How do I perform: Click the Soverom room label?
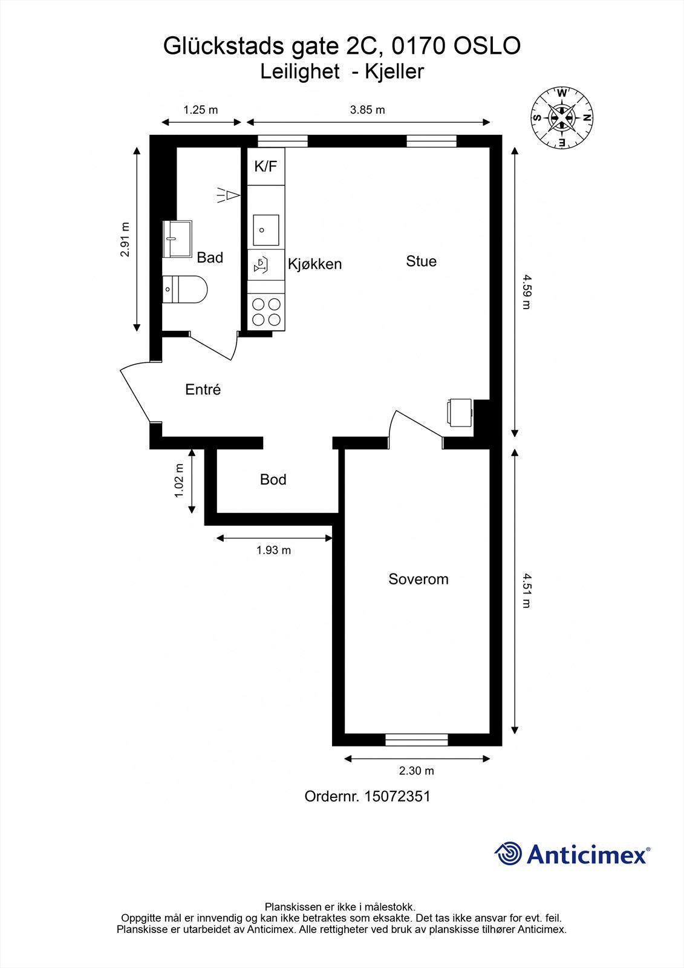pyautogui.click(x=418, y=579)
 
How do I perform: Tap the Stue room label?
pyautogui.click(x=421, y=261)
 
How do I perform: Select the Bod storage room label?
pyautogui.click(x=273, y=480)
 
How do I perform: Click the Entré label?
pyautogui.click(x=203, y=390)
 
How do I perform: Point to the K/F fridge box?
pyautogui.click(x=265, y=166)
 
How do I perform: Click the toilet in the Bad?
pyautogui.click(x=185, y=289)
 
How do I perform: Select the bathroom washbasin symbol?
pyautogui.click(x=177, y=238)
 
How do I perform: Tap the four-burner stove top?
pyautogui.click(x=266, y=312)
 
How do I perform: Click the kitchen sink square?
pyautogui.click(x=266, y=230)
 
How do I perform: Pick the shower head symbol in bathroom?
pyautogui.click(x=229, y=195)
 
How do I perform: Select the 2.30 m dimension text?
pyautogui.click(x=416, y=771)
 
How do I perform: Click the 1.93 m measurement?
pyautogui.click(x=273, y=550)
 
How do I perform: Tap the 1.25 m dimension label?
pyautogui.click(x=200, y=110)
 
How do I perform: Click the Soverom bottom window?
pyautogui.click(x=417, y=739)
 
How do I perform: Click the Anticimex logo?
pyautogui.click(x=572, y=854)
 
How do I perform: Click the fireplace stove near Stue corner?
pyautogui.click(x=460, y=411)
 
